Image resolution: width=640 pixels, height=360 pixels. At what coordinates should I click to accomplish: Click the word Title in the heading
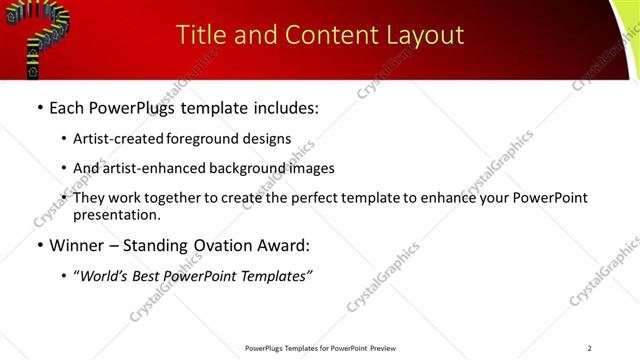(x=200, y=35)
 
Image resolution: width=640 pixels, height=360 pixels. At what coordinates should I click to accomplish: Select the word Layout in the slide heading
(x=426, y=35)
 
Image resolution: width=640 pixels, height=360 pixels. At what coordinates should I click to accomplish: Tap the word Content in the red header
(x=322, y=35)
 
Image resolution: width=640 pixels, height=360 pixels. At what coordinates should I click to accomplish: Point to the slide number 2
(x=590, y=348)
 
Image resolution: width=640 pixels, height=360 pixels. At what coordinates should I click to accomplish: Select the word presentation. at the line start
(x=116, y=214)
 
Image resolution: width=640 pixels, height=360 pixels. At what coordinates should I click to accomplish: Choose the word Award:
(x=283, y=244)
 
